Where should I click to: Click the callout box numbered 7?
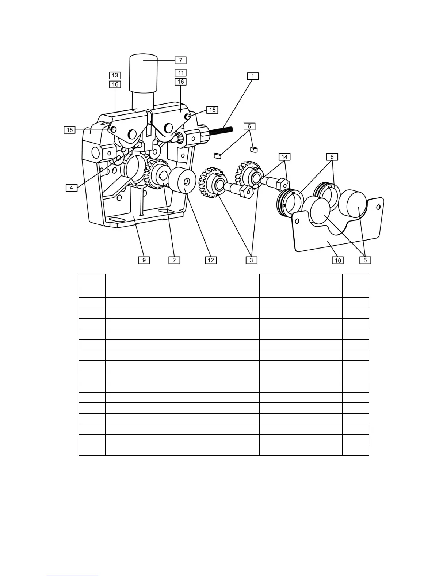[x=180, y=60]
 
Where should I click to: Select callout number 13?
[x=115, y=75]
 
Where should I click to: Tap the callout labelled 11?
[x=180, y=72]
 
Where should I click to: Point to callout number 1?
[x=252, y=76]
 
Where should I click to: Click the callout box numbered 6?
[x=249, y=126]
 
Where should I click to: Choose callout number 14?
[x=284, y=157]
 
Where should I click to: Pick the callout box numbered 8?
[x=332, y=157]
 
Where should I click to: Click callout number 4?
[x=72, y=188]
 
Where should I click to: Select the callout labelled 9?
[x=144, y=260]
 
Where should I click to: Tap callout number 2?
[x=174, y=260]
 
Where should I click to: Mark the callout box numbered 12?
[x=211, y=260]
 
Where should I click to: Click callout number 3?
[x=252, y=260]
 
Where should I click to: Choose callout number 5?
[x=366, y=260]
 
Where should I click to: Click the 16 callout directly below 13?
[x=115, y=84]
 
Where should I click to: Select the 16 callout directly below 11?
[x=180, y=82]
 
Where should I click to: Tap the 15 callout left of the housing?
[x=70, y=130]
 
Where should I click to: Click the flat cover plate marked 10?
[x=329, y=238]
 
